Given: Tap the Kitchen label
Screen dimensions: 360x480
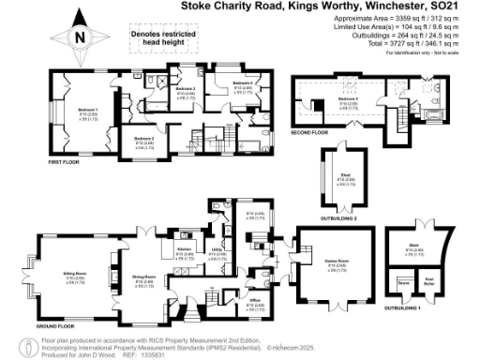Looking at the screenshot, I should (184, 247).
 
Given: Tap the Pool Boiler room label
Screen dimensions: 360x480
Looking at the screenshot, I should (429, 279).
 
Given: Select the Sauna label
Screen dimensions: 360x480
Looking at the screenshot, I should (404, 279).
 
